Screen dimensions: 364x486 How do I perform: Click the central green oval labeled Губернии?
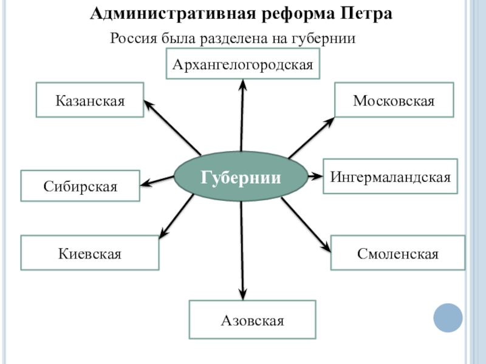point(241,177)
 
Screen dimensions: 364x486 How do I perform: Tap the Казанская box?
point(90,100)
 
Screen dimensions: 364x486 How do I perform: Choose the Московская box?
point(394,100)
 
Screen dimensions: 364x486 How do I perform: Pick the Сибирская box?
point(80,186)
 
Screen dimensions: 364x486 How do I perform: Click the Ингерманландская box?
point(390,177)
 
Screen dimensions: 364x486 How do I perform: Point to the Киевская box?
point(90,253)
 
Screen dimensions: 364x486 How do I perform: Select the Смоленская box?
point(398,253)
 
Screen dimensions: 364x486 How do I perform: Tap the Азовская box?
point(252,320)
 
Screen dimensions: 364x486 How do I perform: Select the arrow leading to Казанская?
point(173,127)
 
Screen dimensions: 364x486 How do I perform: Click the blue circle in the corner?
point(448,316)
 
